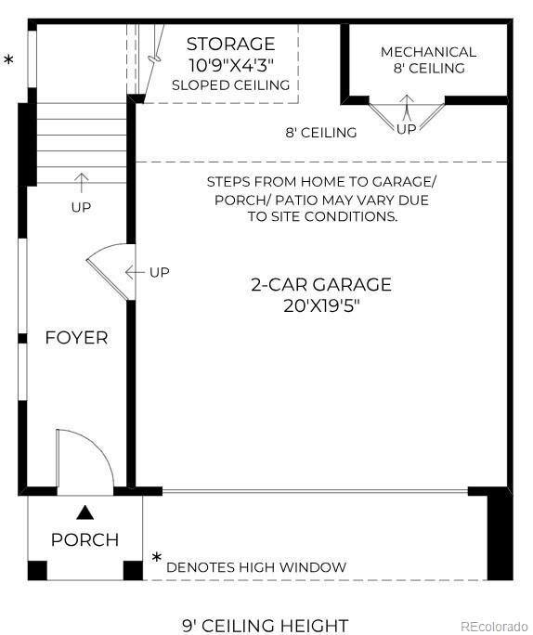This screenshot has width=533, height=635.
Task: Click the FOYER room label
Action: click(x=76, y=338)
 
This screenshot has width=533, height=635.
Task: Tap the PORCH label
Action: click(x=84, y=539)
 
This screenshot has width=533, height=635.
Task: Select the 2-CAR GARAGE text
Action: click(x=321, y=285)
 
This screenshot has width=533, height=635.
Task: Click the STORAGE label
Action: click(x=230, y=44)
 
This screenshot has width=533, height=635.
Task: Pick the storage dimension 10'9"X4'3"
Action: click(x=230, y=65)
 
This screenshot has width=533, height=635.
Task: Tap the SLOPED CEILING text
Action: click(x=230, y=85)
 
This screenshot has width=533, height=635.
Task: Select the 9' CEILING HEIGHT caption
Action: click(x=265, y=626)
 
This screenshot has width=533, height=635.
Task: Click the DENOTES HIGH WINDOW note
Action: click(x=256, y=567)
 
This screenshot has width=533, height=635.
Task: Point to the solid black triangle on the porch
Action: click(x=84, y=511)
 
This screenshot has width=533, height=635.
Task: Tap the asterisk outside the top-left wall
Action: click(x=9, y=61)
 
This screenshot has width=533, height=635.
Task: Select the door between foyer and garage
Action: click(x=111, y=269)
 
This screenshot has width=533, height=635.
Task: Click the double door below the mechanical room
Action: click(x=407, y=116)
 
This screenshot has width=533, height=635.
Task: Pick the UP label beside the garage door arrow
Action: click(x=160, y=272)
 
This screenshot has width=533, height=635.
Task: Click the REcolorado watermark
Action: click(x=494, y=626)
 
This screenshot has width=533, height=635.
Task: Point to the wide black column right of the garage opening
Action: click(x=500, y=535)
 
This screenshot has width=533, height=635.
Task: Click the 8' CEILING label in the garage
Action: click(x=320, y=133)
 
